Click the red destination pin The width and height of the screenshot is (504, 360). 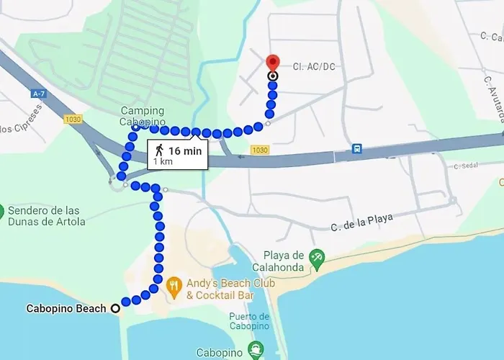[x=273, y=62]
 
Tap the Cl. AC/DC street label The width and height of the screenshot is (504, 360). [x=314, y=67]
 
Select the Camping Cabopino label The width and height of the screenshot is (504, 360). [x=142, y=116]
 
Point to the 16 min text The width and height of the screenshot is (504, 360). [x=185, y=150]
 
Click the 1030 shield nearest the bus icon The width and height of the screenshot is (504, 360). [x=259, y=150]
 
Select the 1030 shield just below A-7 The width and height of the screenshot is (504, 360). [x=73, y=120]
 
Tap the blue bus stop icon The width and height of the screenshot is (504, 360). [x=356, y=149]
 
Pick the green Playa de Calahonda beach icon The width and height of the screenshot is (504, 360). [x=315, y=257]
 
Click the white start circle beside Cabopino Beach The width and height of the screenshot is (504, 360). [x=114, y=309]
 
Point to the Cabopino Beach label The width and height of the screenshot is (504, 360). [x=66, y=309]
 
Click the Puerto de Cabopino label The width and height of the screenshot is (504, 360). [x=249, y=321]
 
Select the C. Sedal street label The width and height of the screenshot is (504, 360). [x=468, y=166]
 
